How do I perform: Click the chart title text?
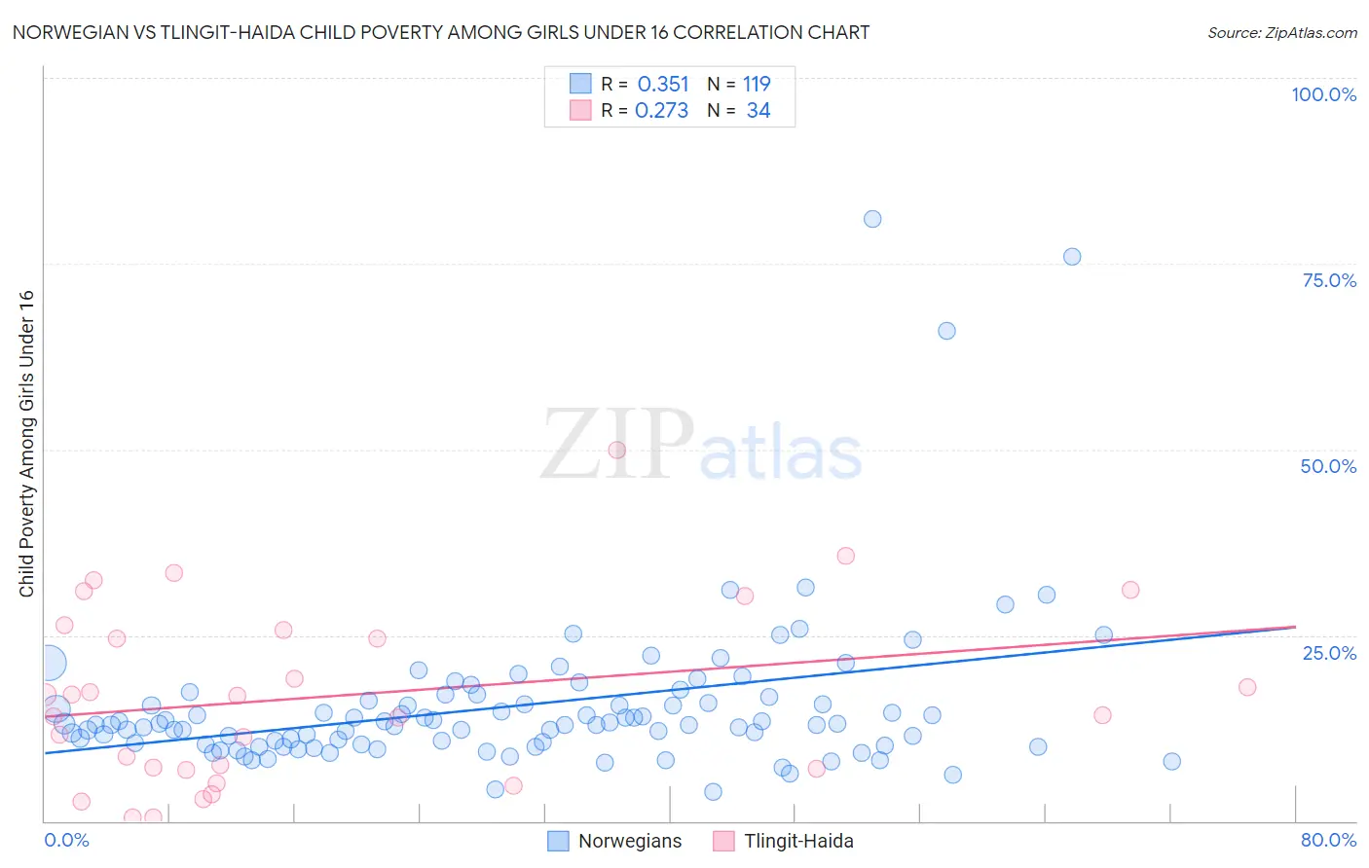pos(441,32)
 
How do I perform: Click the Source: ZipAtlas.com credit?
pos(1281,32)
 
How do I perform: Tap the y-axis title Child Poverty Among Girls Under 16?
pos(26,444)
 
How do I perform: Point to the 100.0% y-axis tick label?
pos(1323,94)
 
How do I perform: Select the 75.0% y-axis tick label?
pos(1329,280)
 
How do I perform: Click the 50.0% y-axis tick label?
pos(1328,466)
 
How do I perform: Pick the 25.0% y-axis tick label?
pos(1329,652)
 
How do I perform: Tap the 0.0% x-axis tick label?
pos(66,840)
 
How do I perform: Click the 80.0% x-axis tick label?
pos(1328,840)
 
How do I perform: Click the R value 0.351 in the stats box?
pos(662,85)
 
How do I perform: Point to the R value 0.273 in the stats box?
pos(661,111)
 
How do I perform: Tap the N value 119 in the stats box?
pos(757,85)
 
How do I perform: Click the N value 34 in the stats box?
pos(758,111)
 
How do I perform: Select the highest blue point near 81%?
pos(872,219)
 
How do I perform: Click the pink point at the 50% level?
pos(616,450)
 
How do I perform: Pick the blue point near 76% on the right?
pos(1072,257)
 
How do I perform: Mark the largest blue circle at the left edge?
pos(50,664)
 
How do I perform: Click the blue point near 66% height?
pos(946,331)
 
